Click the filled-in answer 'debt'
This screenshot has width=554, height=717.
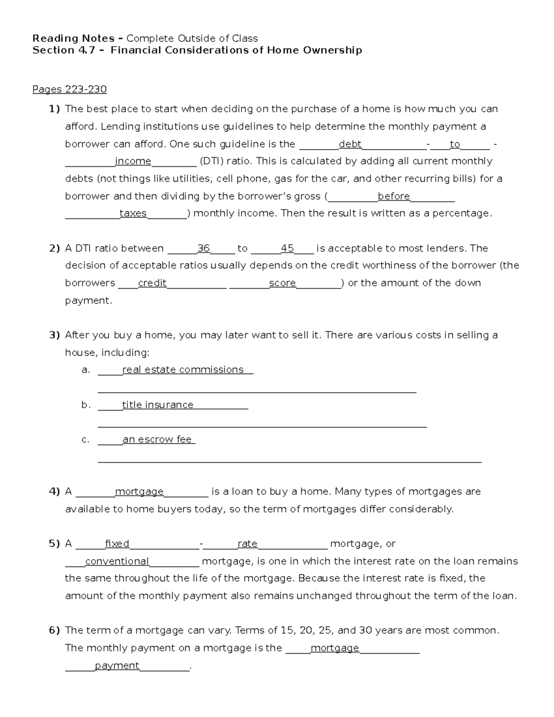coord(350,144)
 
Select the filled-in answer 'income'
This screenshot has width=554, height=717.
coord(133,161)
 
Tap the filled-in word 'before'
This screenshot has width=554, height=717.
coord(393,196)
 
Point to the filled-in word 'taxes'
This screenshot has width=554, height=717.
coord(133,213)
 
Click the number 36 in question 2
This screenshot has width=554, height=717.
coord(203,248)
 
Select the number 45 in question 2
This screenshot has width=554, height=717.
coord(287,248)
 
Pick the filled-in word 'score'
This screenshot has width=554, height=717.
coord(282,283)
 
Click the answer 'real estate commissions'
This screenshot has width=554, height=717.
coord(183,370)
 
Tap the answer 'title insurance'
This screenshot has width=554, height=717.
coord(157,405)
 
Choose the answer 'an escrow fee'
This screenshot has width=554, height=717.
coord(157,440)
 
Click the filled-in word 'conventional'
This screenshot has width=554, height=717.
coord(117,561)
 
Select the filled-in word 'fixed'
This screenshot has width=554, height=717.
coord(117,544)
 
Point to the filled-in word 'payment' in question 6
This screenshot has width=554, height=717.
coord(117,665)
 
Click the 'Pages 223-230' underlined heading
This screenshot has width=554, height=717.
coord(69,89)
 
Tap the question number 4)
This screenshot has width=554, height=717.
coord(54,492)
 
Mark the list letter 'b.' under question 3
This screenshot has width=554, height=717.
coord(86,405)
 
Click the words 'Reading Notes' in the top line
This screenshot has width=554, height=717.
coord(73,38)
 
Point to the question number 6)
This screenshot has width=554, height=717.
coord(54,631)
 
